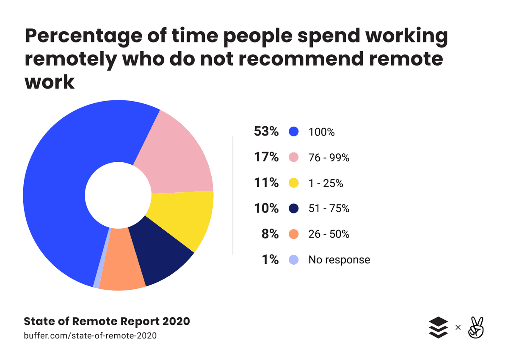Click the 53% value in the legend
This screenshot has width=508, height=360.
(x=266, y=132)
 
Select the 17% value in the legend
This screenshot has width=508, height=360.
(x=266, y=158)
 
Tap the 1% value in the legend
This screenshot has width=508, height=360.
(x=270, y=259)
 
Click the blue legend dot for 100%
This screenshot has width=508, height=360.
(x=293, y=132)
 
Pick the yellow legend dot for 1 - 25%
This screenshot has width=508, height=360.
(x=293, y=183)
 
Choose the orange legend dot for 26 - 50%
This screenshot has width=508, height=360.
(x=293, y=234)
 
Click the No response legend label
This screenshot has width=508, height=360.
(x=339, y=260)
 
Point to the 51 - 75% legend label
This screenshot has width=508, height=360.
(x=329, y=208)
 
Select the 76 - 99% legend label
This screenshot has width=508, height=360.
(x=329, y=158)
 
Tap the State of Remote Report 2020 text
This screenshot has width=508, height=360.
(x=106, y=321)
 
